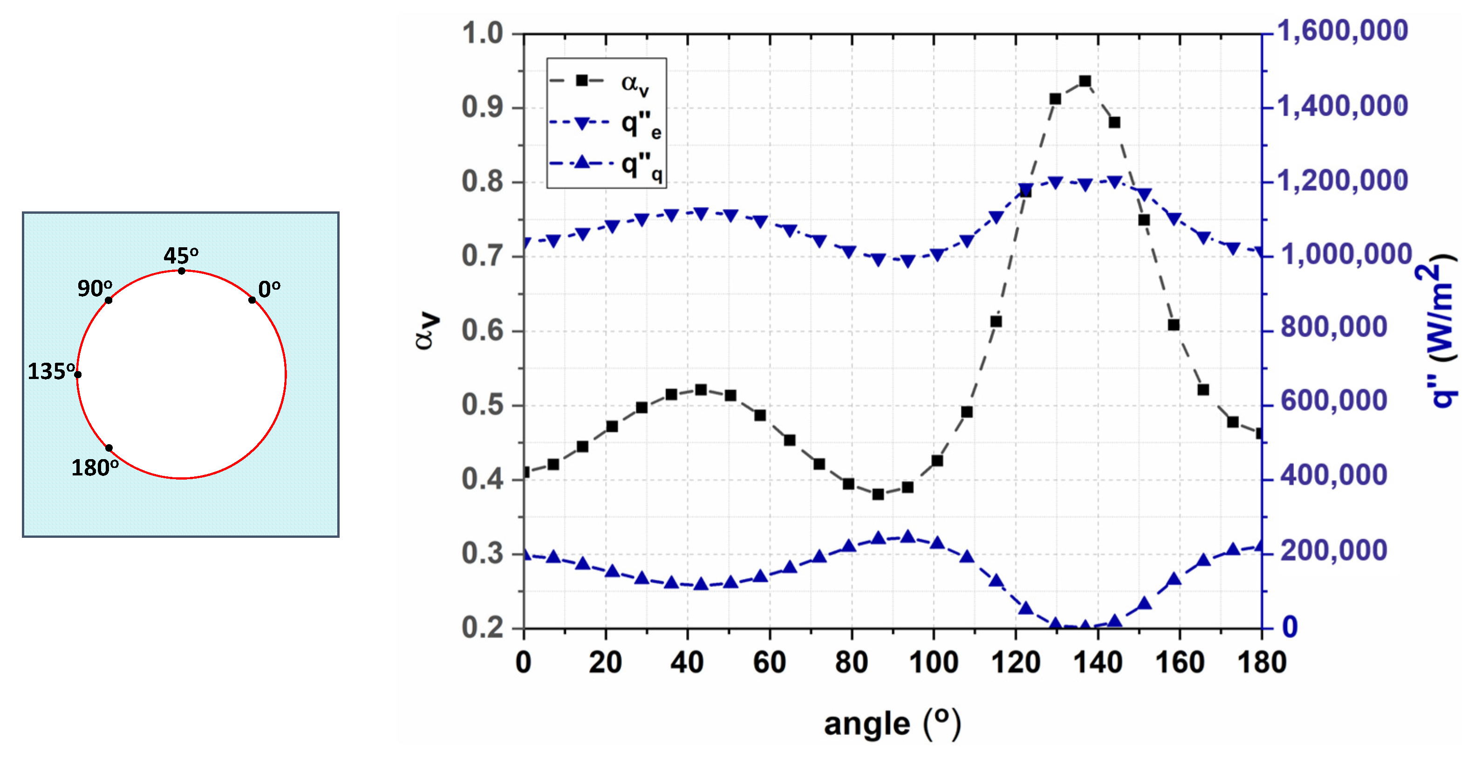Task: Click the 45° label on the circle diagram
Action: click(181, 255)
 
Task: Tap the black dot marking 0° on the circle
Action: click(252, 300)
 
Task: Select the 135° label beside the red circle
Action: click(52, 372)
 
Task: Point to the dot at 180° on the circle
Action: click(109, 448)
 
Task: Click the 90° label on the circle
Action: click(95, 288)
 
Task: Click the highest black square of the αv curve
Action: click(1085, 81)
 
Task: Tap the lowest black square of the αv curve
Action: click(878, 494)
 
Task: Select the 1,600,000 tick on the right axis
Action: click(1343, 31)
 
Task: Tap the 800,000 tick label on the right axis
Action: click(1333, 327)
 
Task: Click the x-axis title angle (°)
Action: click(893, 724)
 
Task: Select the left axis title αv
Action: click(428, 331)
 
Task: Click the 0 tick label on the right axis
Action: click(1290, 627)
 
